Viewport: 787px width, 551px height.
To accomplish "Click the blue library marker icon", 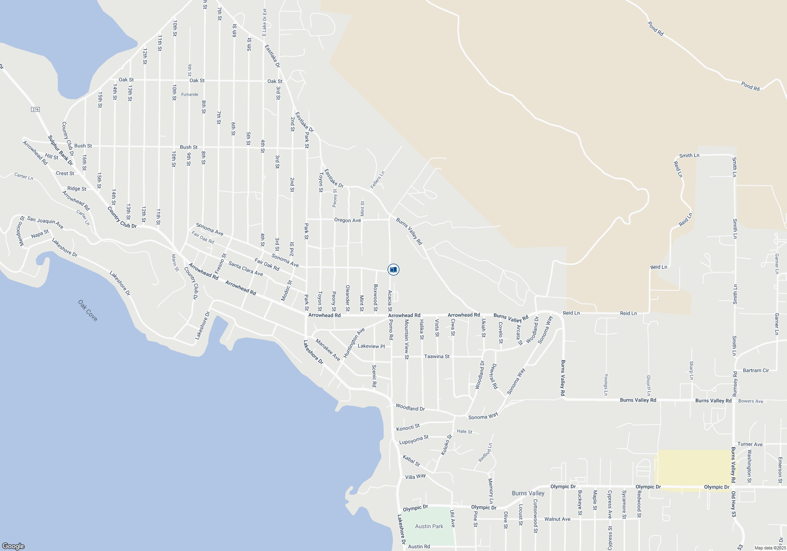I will pyautogui.click(x=393, y=270).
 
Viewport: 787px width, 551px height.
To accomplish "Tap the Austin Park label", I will pyautogui.click(x=429, y=526).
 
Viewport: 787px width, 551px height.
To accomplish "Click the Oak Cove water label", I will pyautogui.click(x=87, y=311).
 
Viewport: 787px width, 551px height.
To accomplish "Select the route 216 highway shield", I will pyautogui.click(x=35, y=109).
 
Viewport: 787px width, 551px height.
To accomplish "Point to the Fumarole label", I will pyautogui.click(x=190, y=94).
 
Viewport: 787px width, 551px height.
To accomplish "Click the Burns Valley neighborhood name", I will pyautogui.click(x=528, y=493).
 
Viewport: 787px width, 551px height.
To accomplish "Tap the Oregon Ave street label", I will pyautogui.click(x=347, y=220).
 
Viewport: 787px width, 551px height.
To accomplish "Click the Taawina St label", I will pyautogui.click(x=437, y=357).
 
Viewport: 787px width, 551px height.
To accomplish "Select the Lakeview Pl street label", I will pyautogui.click(x=371, y=346).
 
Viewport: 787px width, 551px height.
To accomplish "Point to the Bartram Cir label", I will pyautogui.click(x=756, y=370).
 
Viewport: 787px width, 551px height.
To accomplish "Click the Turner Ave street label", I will pyautogui.click(x=750, y=444).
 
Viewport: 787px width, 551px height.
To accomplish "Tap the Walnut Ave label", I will pyautogui.click(x=557, y=519).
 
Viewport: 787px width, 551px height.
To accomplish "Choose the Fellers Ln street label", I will pyautogui.click(x=377, y=180).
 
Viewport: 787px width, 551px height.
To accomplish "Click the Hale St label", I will pyautogui.click(x=464, y=432).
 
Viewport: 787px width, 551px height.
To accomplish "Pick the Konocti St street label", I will pyautogui.click(x=408, y=427).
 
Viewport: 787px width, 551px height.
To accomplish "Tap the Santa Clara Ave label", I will pyautogui.click(x=246, y=269).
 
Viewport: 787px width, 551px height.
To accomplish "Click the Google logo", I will pyautogui.click(x=13, y=546).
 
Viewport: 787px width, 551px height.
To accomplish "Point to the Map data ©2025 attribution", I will pyautogui.click(x=770, y=548).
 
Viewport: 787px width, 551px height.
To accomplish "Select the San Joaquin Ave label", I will pyautogui.click(x=45, y=222).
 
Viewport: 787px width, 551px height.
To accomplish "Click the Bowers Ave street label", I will pyautogui.click(x=750, y=401).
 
